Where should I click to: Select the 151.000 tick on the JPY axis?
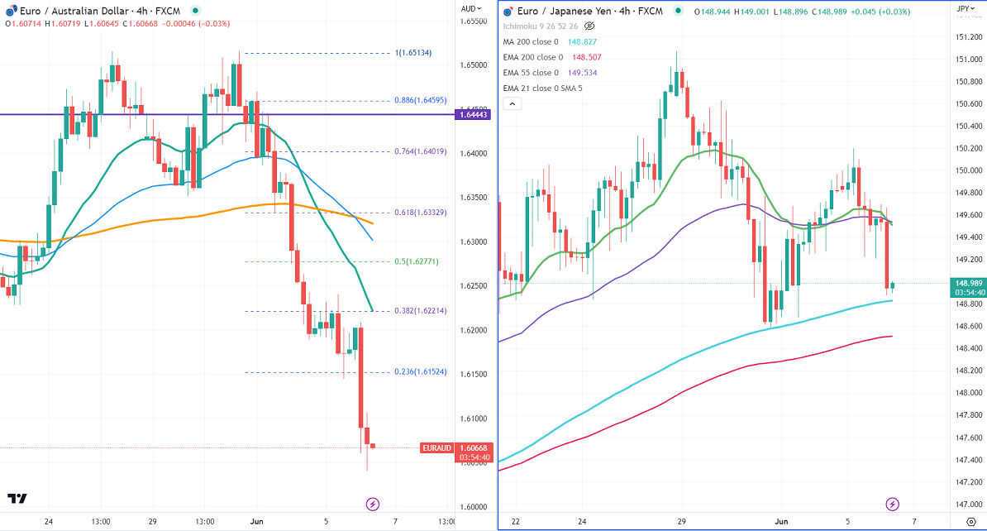962,60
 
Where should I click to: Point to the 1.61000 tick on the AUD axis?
473,419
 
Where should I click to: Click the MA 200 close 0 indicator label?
532,41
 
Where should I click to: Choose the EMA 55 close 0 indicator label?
532,73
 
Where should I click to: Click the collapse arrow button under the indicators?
513,103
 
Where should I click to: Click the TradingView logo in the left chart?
17,499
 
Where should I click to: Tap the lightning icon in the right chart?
892,504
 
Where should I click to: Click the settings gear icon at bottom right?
970,522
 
